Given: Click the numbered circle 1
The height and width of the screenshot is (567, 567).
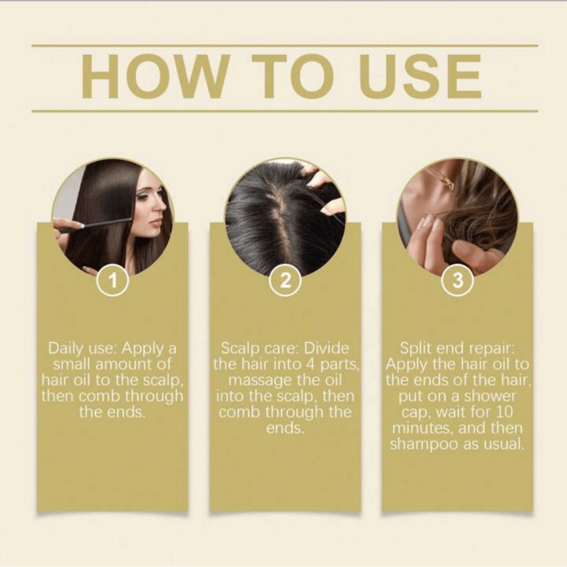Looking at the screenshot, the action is [113, 280].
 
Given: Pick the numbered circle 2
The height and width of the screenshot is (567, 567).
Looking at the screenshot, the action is [285, 280].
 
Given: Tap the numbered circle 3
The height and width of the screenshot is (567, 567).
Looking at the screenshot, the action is [458, 280].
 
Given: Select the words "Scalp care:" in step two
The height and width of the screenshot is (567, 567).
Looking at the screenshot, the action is [260, 348].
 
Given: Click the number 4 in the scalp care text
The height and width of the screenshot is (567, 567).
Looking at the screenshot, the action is [310, 364].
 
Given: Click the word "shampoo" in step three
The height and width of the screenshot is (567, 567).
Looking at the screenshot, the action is [424, 445].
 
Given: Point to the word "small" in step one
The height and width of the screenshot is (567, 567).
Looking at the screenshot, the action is [72, 364].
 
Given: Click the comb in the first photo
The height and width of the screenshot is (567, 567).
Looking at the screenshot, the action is [96, 225].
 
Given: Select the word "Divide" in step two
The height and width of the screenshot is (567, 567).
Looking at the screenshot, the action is [326, 348].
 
